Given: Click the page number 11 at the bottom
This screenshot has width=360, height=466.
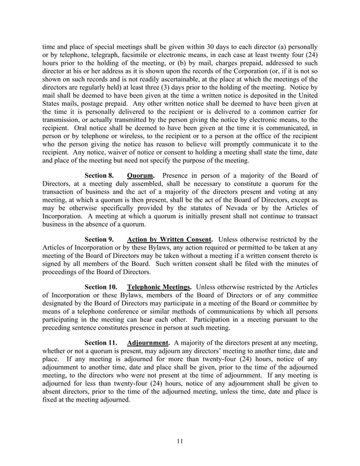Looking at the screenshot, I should tap(179, 441).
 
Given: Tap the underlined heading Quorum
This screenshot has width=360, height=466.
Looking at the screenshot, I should tap(141, 175).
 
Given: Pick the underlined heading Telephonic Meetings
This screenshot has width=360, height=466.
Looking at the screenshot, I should tap(160, 287).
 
